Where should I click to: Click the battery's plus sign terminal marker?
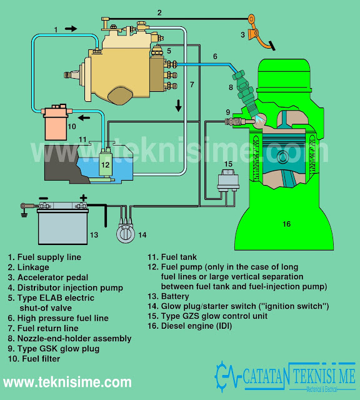point(82,198)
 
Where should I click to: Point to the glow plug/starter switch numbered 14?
point(126,234)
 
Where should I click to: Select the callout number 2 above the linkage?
point(159,12)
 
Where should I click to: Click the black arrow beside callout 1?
point(71,29)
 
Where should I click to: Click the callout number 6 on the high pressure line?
point(215,56)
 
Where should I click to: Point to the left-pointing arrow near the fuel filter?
point(82,116)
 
